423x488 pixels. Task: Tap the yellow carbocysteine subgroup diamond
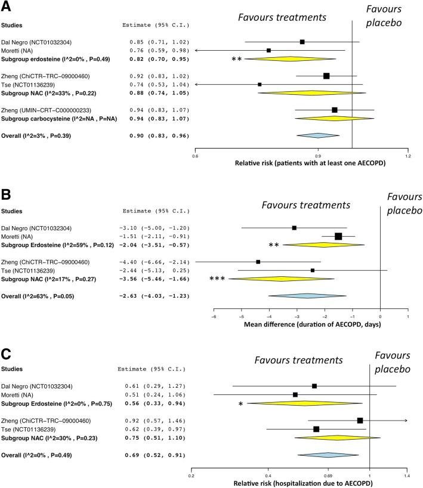(x=334, y=118)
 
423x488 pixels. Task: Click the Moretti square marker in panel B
(x=338, y=236)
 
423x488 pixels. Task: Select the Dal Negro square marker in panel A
(x=302, y=42)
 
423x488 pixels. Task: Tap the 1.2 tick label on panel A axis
(x=408, y=156)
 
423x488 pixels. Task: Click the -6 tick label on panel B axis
(x=214, y=317)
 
